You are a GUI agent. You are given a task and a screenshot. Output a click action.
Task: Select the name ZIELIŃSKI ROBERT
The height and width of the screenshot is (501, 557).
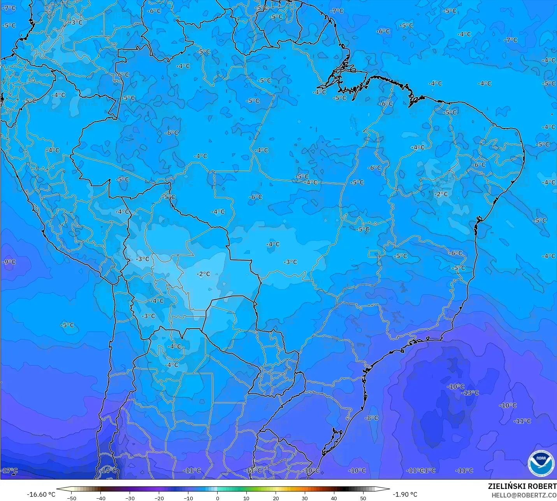(522, 487)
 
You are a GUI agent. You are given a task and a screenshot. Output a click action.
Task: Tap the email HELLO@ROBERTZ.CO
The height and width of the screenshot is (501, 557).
(524, 495)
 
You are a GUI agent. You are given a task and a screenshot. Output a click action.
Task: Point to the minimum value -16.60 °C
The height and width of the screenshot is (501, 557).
(41, 494)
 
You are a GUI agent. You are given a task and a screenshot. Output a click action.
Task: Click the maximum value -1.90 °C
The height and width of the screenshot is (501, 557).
(405, 494)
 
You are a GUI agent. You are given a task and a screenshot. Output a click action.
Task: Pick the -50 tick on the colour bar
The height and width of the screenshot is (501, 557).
(72, 498)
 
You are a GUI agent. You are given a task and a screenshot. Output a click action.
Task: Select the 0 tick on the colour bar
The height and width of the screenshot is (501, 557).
(217, 498)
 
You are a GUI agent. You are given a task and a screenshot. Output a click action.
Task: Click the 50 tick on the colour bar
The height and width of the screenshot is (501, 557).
(363, 498)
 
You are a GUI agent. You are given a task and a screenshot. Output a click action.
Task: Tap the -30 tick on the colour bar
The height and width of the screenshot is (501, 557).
(130, 498)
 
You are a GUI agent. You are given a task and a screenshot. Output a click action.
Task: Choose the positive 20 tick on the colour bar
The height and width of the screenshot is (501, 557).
(276, 498)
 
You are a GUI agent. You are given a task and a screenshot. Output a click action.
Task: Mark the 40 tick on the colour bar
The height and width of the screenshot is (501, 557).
(334, 498)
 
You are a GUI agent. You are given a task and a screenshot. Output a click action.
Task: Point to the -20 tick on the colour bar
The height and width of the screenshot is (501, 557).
(159, 498)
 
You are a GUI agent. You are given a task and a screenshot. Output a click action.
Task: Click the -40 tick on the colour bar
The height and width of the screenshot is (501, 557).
(101, 498)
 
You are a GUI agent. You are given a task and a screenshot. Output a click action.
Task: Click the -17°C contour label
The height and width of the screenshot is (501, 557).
(10, 471)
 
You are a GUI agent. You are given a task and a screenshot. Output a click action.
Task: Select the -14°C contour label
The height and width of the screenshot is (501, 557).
(108, 470)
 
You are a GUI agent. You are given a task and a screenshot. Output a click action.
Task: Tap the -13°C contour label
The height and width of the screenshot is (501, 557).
(471, 393)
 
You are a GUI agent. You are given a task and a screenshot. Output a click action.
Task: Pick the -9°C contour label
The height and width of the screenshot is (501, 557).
(9, 262)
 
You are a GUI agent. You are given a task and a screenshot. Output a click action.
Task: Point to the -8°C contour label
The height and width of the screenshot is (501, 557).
(372, 418)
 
